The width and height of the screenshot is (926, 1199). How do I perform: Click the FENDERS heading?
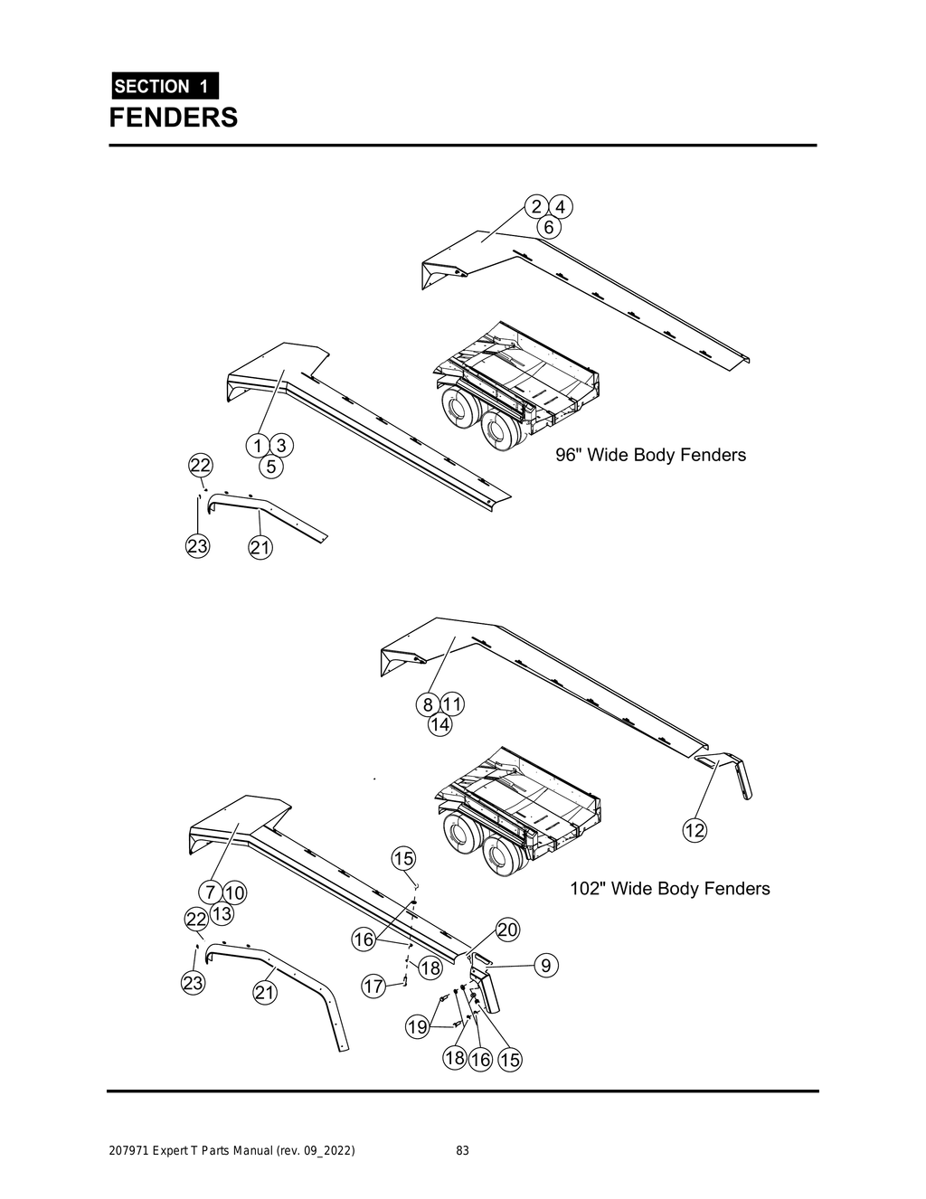pyautogui.click(x=174, y=118)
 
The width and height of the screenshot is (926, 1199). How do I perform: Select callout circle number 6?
pyautogui.click(x=548, y=228)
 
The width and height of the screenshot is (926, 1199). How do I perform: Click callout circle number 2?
pyautogui.click(x=536, y=206)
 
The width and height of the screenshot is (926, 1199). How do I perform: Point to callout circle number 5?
pyautogui.click(x=270, y=467)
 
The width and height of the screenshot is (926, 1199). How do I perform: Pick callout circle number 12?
pyautogui.click(x=694, y=830)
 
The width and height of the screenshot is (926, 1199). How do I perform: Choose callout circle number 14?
pyautogui.click(x=439, y=725)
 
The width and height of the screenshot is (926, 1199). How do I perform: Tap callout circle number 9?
pyautogui.click(x=545, y=966)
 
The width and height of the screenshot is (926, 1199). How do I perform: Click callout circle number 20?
pyautogui.click(x=507, y=930)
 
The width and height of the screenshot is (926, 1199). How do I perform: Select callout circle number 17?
pyautogui.click(x=373, y=986)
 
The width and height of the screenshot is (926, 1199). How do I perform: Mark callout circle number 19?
pyautogui.click(x=417, y=1027)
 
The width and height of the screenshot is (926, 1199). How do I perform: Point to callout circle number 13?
pyautogui.click(x=222, y=914)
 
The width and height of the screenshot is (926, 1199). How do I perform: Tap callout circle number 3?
pyautogui.click(x=281, y=446)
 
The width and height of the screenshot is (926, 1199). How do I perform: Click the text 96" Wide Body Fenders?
pyautogui.click(x=650, y=455)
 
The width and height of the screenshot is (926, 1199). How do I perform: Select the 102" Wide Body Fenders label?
pyautogui.click(x=669, y=889)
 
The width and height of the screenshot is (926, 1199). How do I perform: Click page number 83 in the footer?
pyautogui.click(x=462, y=1151)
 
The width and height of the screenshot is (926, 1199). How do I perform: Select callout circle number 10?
pyautogui.click(x=234, y=893)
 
